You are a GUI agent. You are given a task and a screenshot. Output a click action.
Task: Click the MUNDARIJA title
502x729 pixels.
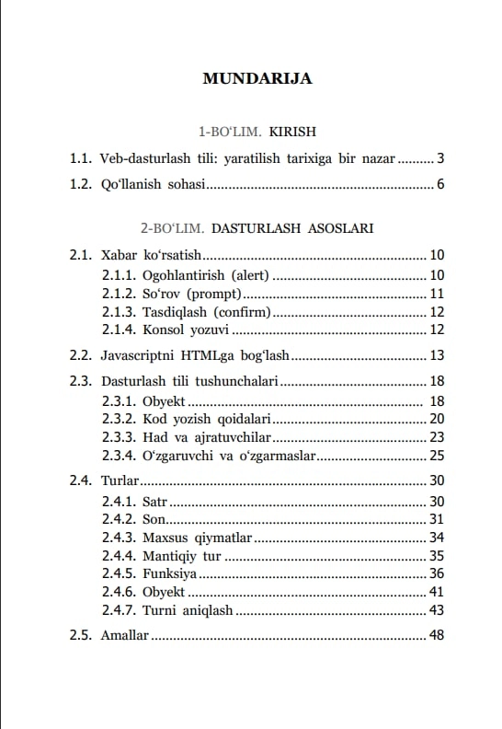[x=257, y=78]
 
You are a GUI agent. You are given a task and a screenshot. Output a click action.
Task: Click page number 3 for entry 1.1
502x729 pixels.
[x=440, y=158]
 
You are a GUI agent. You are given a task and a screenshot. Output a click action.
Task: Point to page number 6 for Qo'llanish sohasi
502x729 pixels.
[x=440, y=185]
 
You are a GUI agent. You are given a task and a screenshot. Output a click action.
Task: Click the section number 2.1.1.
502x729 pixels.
[x=119, y=275]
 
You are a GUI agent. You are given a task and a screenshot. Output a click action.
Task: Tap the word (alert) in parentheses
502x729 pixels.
[x=250, y=275]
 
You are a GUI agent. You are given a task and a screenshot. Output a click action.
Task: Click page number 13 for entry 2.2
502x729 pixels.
[x=437, y=355]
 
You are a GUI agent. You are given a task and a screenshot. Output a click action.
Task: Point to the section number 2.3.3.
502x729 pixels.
[x=119, y=437]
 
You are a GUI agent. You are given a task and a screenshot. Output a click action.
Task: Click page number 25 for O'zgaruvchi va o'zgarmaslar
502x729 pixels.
[x=437, y=456]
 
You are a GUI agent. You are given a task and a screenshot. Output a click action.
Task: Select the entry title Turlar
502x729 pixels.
[x=120, y=480]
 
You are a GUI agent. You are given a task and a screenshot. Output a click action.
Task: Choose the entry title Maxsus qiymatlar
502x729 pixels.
[x=196, y=538]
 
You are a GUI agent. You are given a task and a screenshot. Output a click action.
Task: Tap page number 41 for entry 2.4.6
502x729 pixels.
[x=437, y=592]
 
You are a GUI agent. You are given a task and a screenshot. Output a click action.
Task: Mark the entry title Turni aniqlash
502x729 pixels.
[x=188, y=610]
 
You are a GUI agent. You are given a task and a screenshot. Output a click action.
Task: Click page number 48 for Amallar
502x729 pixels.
[x=437, y=636]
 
